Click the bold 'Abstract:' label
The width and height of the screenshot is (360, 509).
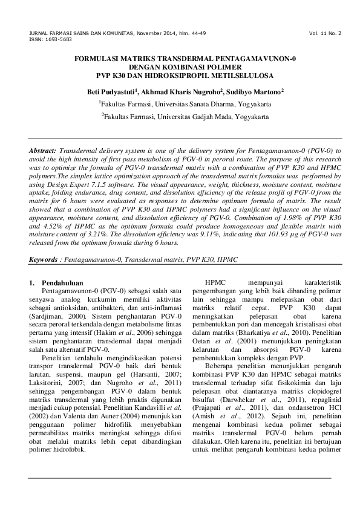(42, 149)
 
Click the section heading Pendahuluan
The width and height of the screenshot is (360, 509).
(60, 283)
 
